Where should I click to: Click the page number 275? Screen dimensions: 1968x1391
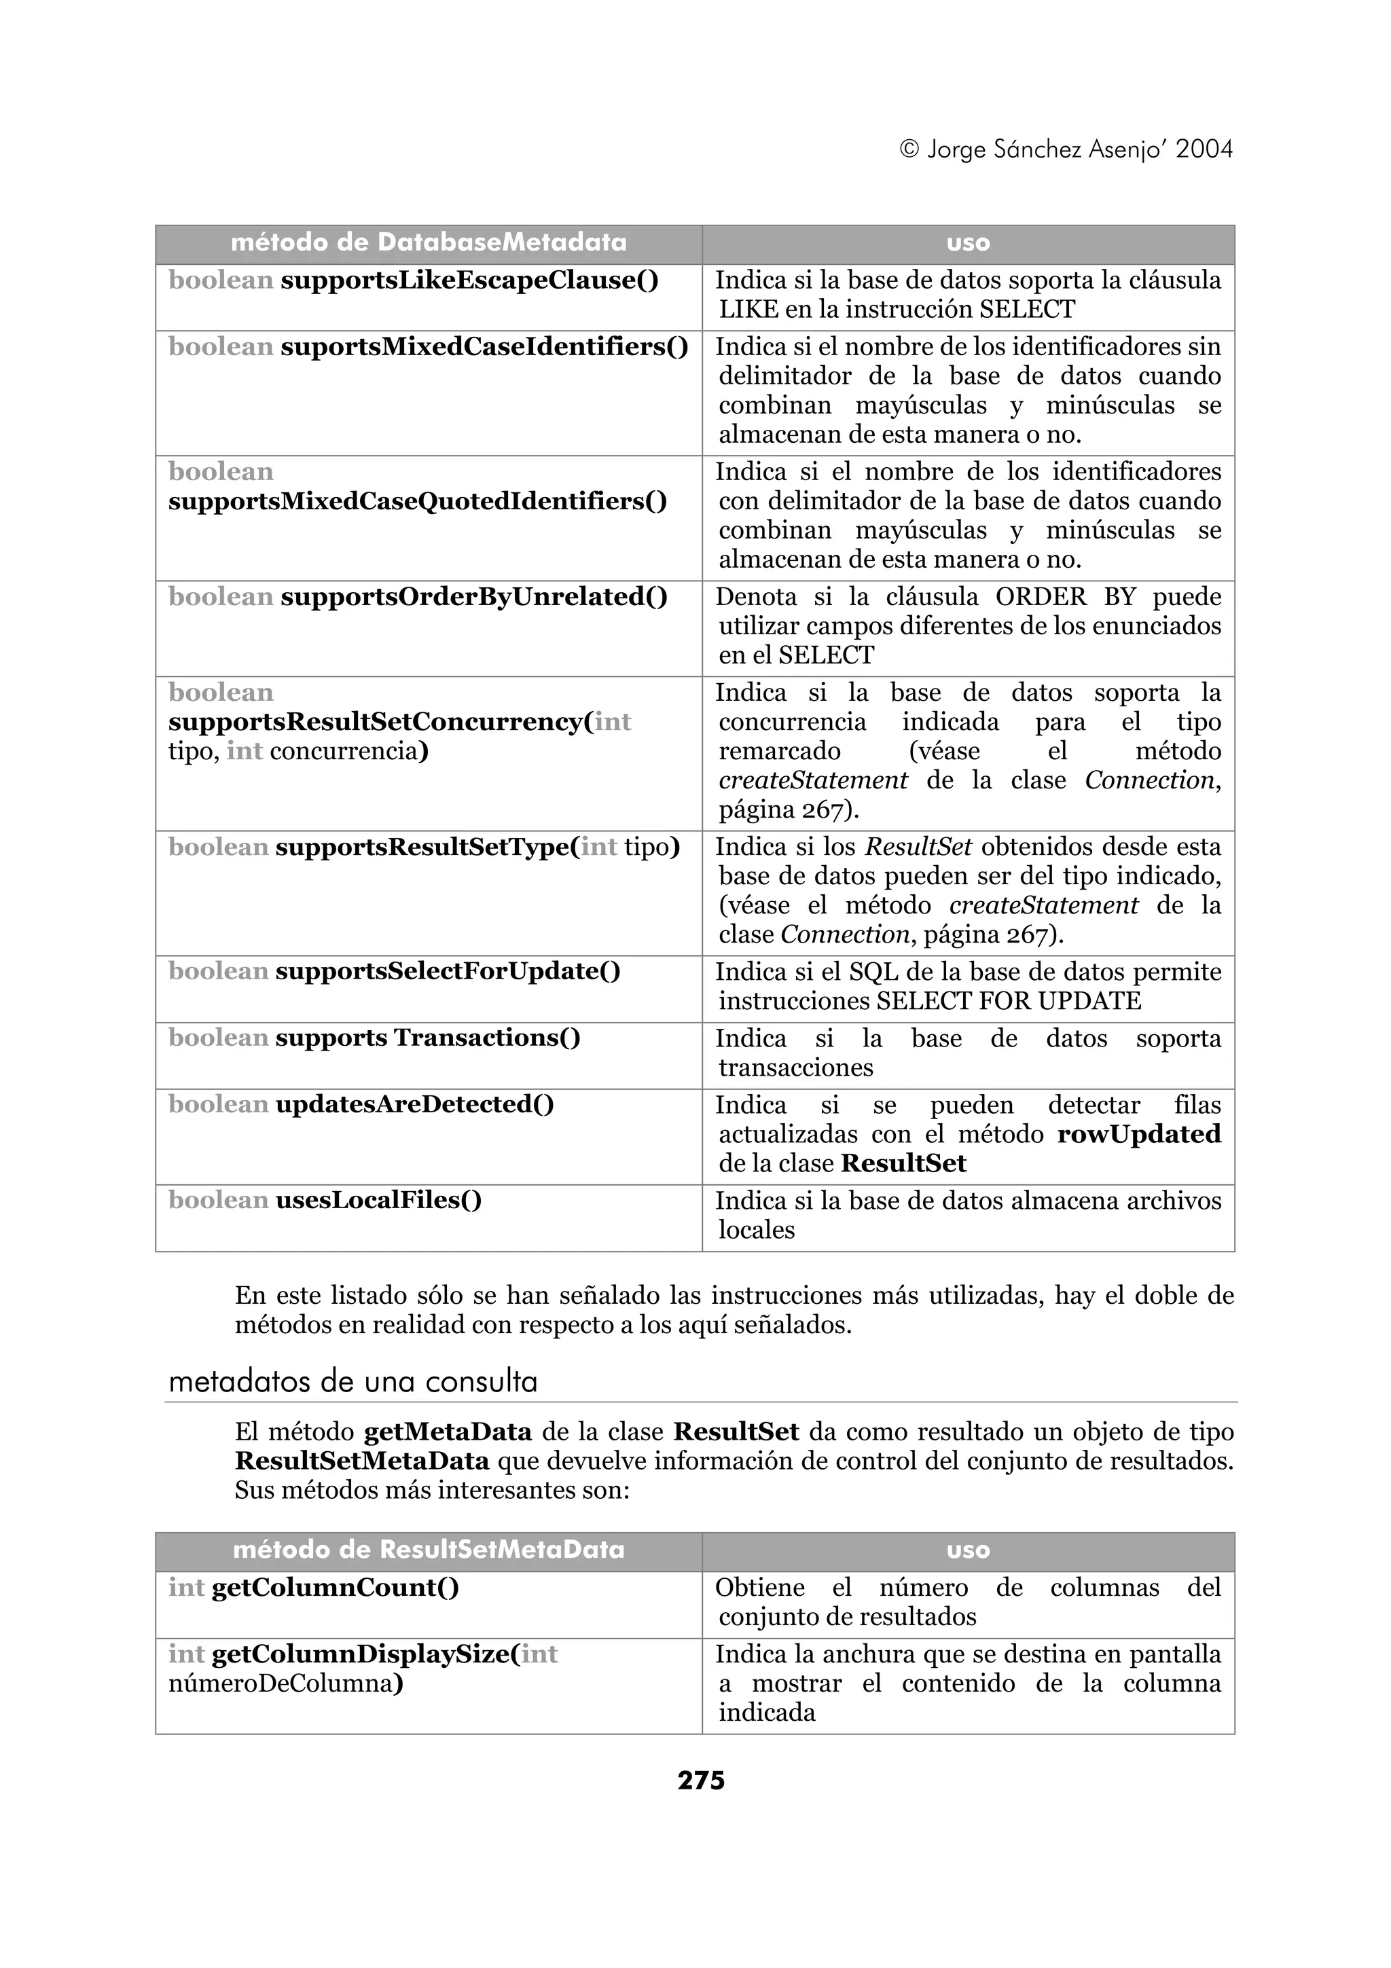pos(700,1781)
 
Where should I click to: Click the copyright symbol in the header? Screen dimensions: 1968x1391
pos(909,150)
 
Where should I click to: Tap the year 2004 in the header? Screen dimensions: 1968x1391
pos(1204,150)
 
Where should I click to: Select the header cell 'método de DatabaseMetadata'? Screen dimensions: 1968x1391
pos(429,243)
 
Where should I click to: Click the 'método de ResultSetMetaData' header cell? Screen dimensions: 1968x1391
pos(429,1550)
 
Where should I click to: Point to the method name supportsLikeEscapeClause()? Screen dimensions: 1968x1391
pos(469,280)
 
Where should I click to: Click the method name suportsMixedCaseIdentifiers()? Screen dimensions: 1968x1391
pos(484,347)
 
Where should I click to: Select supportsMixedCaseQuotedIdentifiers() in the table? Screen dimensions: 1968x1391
pos(418,501)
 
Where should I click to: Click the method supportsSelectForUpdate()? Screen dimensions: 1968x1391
pos(448,971)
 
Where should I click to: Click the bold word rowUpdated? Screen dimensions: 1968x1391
pos(1138,1134)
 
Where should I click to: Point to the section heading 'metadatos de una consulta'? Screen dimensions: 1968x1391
pos(353,1383)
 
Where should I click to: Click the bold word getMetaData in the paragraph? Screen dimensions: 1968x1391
pos(448,1432)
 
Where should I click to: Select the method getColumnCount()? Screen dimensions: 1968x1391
pos(335,1588)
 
